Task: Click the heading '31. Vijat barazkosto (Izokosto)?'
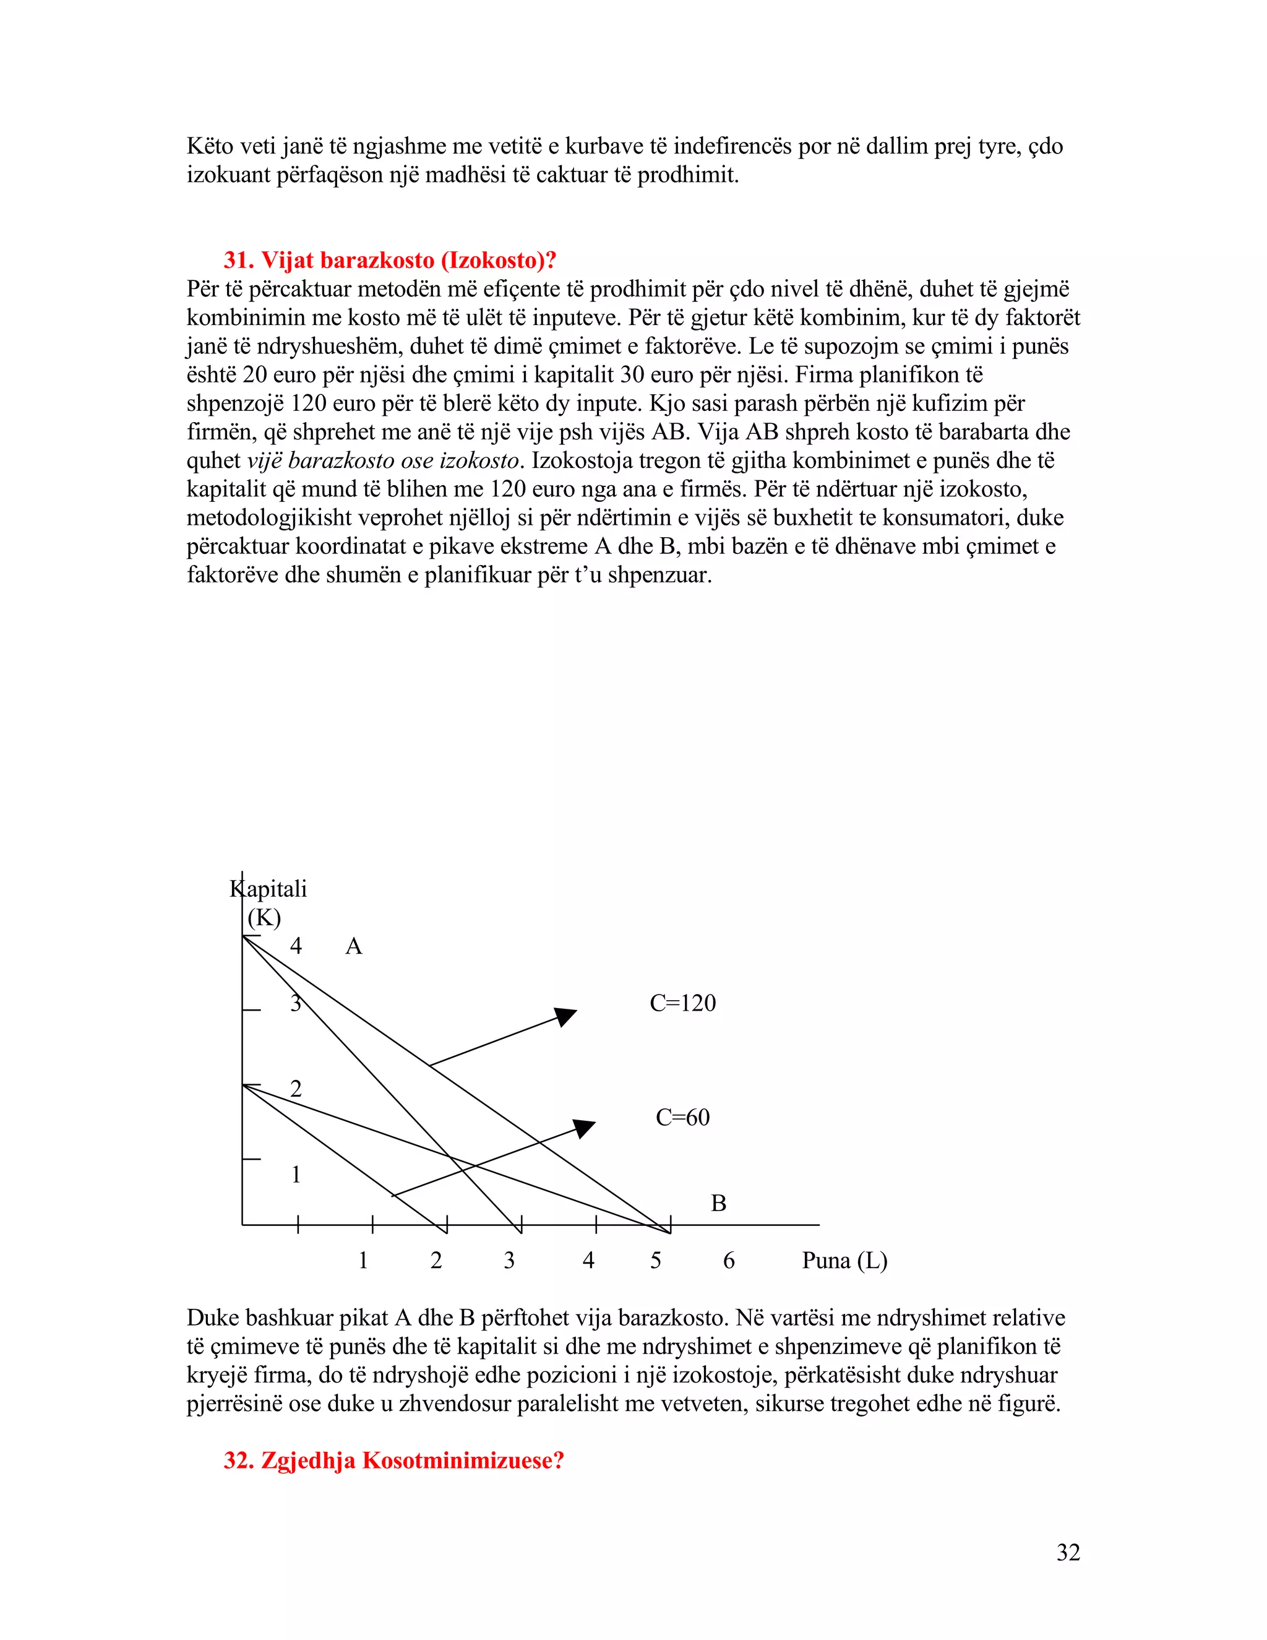coord(390,261)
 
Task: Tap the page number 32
coord(1067,1552)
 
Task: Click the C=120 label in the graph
coord(682,1003)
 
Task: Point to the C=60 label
coord(682,1117)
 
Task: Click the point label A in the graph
coord(353,947)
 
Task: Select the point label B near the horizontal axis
coord(718,1204)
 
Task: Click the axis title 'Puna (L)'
coord(844,1260)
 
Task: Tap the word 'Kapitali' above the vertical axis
coord(268,889)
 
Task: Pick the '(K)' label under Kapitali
coord(264,918)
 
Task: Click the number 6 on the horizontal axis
coord(728,1261)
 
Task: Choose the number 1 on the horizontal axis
coord(363,1261)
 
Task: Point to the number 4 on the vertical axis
coord(296,946)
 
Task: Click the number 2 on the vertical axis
coord(296,1089)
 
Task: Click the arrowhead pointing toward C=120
coord(566,1016)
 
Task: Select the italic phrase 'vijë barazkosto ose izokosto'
coord(383,460)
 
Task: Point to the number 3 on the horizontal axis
coord(509,1261)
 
